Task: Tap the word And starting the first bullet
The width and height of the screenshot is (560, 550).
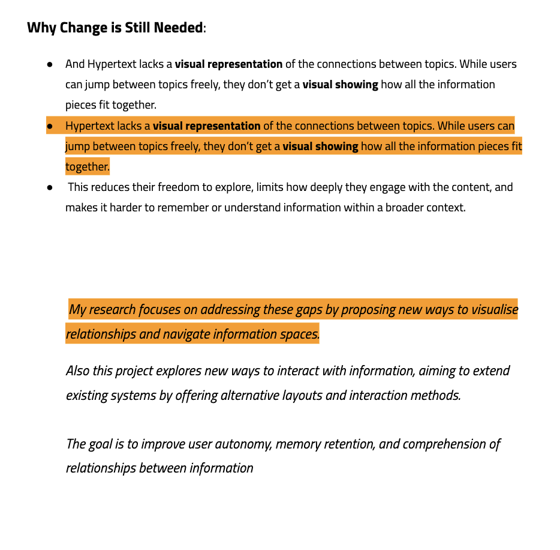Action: point(75,64)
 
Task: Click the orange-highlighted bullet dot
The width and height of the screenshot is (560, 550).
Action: point(50,127)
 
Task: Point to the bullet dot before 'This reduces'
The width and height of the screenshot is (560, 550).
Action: point(50,187)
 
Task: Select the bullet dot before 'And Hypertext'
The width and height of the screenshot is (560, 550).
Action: point(50,64)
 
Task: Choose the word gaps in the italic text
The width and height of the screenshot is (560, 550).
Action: point(308,310)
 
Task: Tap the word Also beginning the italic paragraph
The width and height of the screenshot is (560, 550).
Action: point(78,371)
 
